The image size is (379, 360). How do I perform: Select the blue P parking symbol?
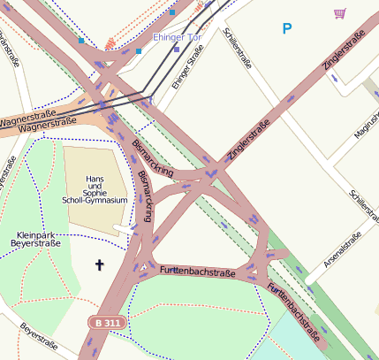(286, 29)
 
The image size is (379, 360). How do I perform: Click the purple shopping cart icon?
(339, 13)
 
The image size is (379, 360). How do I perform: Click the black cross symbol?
(99, 264)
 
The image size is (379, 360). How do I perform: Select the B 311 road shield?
(108, 324)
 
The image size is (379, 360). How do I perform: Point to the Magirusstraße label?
(366, 122)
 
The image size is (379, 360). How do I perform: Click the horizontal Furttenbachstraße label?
(198, 271)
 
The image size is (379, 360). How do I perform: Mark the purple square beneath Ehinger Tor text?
(177, 50)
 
